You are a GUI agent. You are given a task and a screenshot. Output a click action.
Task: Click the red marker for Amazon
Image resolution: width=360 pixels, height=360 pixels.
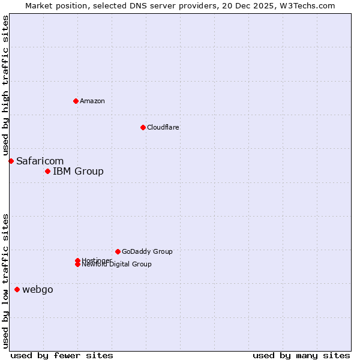click(x=76, y=101)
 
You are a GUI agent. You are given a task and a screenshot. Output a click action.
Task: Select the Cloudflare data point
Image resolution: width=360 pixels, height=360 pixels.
click(x=143, y=127)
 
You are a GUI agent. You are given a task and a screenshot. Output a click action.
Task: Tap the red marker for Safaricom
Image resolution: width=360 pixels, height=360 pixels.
click(x=11, y=161)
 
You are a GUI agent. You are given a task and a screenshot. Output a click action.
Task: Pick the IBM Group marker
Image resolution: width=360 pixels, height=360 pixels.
click(x=47, y=172)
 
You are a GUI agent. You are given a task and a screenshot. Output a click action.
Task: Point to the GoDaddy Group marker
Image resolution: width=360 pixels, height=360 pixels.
click(x=118, y=251)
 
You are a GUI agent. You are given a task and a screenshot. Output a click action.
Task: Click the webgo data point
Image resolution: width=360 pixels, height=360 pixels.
click(x=17, y=290)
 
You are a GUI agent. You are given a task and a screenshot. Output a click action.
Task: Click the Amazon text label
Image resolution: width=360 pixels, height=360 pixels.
click(x=92, y=101)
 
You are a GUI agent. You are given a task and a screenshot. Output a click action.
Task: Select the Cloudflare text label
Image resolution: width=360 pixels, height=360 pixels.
click(x=163, y=127)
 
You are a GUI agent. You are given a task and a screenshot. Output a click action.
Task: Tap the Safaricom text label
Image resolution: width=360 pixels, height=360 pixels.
click(x=40, y=161)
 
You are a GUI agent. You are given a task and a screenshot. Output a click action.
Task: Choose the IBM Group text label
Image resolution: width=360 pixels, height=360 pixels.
click(x=78, y=172)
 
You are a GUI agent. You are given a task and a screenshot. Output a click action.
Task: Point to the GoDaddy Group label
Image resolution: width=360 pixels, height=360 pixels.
click(x=147, y=251)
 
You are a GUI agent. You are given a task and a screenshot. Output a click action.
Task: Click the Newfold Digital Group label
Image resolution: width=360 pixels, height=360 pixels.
click(x=117, y=265)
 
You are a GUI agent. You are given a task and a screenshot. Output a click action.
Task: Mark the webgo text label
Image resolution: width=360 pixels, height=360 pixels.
click(x=38, y=290)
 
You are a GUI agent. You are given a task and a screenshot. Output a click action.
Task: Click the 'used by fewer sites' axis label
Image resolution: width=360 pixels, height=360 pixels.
click(x=62, y=355)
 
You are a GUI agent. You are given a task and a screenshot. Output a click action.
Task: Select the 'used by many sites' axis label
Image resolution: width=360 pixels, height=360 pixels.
click(x=301, y=355)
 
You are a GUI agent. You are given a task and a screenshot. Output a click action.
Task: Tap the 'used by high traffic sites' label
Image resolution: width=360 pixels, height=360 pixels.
click(x=6, y=86)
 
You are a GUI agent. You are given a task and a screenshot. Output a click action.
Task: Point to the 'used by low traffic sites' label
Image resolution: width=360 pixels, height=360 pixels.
click(x=6, y=280)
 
